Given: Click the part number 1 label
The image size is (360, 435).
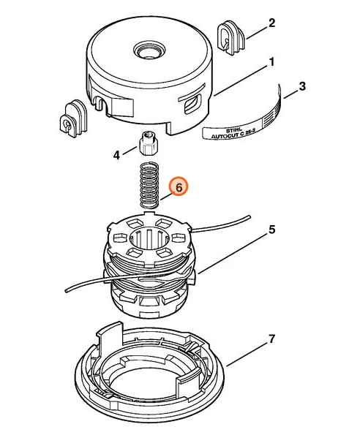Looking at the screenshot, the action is pos(272,62).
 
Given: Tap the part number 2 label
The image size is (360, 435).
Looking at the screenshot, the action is pos(271,23).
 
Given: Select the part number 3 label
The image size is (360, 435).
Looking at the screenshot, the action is pos(302,86).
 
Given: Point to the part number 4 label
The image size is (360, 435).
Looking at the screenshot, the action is pos(116,155).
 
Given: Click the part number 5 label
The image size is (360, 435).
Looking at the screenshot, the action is pos(271,230).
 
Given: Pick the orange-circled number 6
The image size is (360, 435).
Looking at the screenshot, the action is pos(179,187).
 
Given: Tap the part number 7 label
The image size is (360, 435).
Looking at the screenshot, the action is pos(271,338).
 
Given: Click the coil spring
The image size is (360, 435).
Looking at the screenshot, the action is pos(149,186).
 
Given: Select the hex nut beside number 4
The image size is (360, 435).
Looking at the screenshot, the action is pos(148,143).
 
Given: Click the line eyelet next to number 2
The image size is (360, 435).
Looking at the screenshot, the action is pos(230,38).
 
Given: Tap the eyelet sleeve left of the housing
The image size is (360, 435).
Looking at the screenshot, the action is pos(73,118).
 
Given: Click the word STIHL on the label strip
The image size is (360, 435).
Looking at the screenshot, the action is pos(233,130).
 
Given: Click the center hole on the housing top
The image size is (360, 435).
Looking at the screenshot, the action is pos(149,50).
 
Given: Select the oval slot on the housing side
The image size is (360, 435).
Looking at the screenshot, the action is pos(193,104).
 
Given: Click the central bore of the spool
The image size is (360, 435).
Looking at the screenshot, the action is pos(149,239).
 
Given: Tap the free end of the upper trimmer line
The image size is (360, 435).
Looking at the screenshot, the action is pos(249,217).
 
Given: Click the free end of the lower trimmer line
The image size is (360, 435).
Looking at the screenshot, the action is pos(67,291).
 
